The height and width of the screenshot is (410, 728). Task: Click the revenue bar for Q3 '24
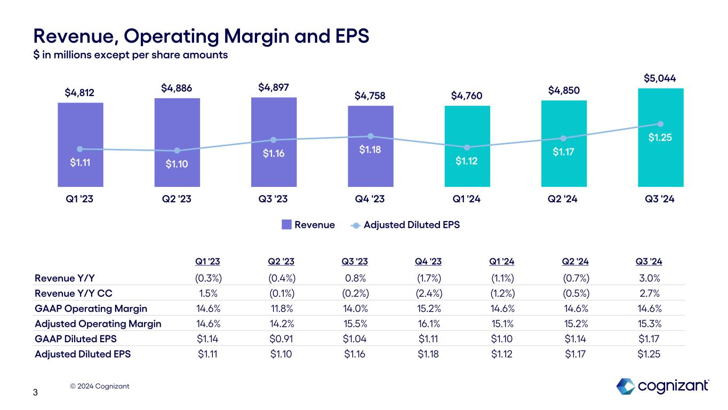(x=660, y=160)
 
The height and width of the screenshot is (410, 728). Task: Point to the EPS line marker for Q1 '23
(x=80, y=149)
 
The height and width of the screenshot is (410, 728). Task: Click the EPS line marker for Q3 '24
(x=661, y=124)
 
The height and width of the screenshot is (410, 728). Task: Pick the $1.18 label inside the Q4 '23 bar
(x=370, y=151)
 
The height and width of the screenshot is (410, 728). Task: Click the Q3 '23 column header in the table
(x=354, y=262)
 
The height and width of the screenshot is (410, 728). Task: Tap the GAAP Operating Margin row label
(x=91, y=309)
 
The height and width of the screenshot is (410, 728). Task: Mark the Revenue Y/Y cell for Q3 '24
(x=650, y=278)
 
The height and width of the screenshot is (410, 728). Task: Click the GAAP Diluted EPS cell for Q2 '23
(x=282, y=338)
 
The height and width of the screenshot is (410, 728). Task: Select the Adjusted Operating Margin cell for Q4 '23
(x=428, y=324)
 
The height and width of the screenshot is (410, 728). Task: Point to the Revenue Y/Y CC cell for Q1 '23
(x=209, y=293)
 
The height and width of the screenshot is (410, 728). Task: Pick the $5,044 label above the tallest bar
(x=660, y=78)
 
